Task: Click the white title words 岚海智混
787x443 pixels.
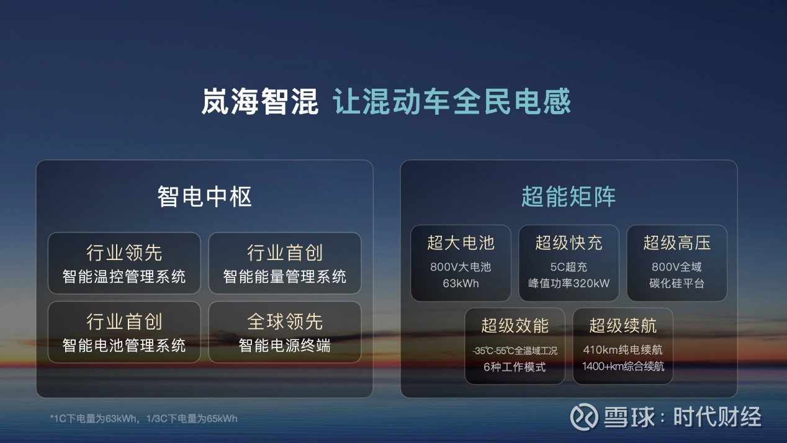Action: tap(259, 102)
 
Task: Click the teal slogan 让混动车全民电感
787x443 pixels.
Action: tap(452, 102)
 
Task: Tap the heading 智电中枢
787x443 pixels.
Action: tap(204, 197)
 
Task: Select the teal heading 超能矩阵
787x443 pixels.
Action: tap(569, 197)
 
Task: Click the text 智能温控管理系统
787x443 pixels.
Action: tap(124, 277)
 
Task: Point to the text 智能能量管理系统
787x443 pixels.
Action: tap(285, 277)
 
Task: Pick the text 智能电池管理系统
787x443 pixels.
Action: tap(124, 346)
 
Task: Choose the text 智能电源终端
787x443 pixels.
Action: tap(285, 346)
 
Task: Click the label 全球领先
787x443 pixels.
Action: tap(285, 321)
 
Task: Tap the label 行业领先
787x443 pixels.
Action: tap(124, 253)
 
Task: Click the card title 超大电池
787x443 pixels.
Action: tap(461, 243)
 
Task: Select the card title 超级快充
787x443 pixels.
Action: tap(569, 243)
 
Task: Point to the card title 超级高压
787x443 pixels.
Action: tap(677, 243)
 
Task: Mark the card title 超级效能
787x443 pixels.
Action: tap(515, 325)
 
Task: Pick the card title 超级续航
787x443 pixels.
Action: tap(623, 325)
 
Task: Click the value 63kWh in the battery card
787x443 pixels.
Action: tap(461, 283)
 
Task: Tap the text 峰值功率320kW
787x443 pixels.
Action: tap(569, 283)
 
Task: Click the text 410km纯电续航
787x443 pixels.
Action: tap(623, 350)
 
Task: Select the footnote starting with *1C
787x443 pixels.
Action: tap(144, 418)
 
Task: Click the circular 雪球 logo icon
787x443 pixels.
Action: tap(584, 417)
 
